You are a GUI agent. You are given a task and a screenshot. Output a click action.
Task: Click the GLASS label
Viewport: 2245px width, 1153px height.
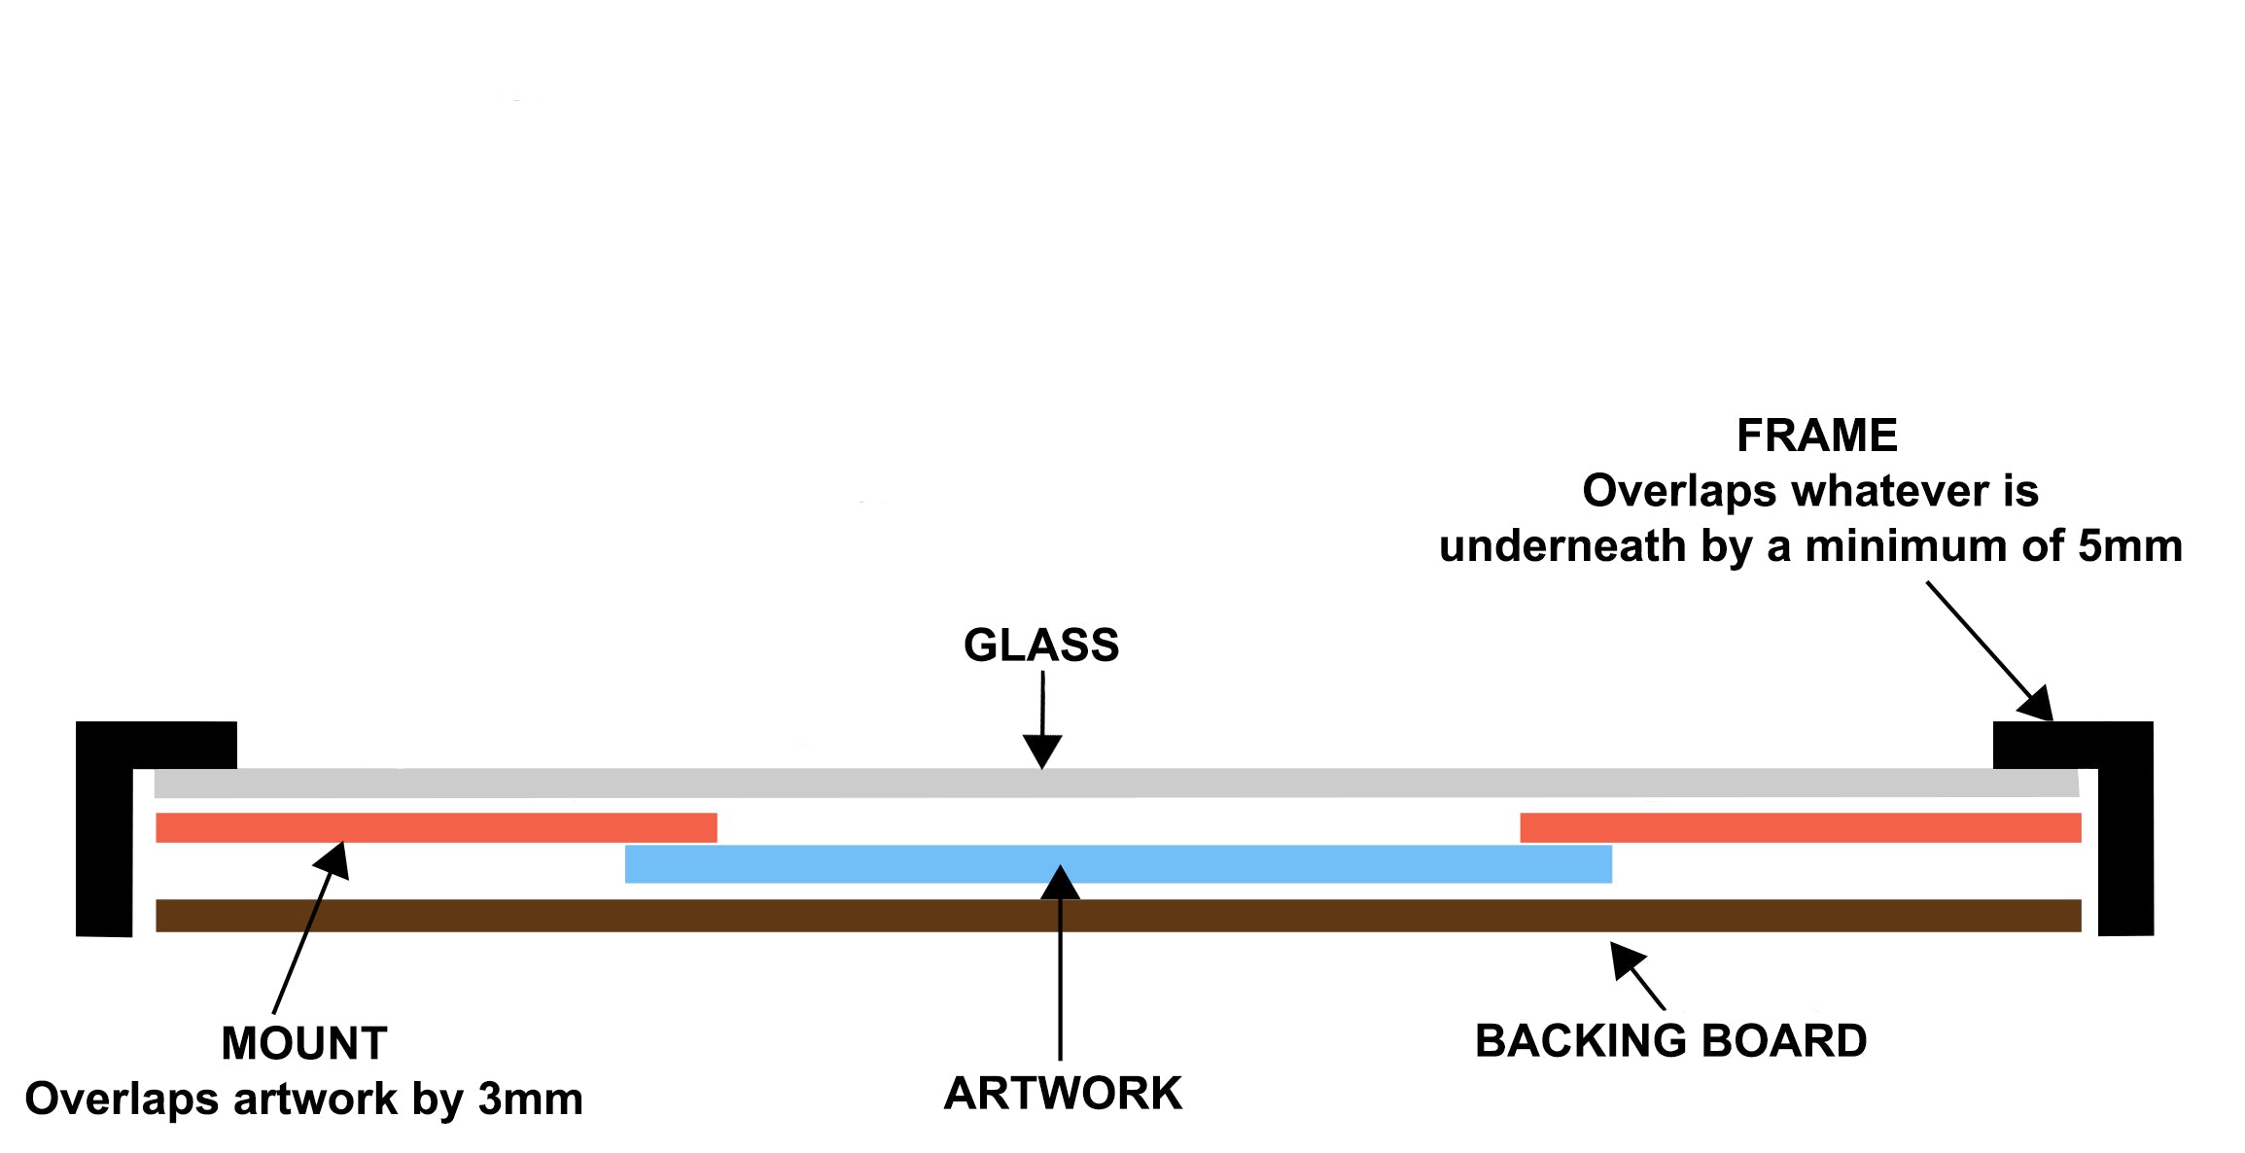[x=1041, y=646]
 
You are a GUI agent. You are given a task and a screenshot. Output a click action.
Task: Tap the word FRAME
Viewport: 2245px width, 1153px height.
[x=1816, y=436]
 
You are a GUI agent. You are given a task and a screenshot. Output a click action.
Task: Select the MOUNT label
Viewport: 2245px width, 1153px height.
[x=304, y=1043]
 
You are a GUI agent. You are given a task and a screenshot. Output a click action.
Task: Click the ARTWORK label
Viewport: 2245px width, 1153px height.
[x=1063, y=1094]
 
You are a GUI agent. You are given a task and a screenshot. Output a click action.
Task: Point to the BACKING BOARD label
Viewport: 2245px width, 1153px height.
[x=1670, y=1041]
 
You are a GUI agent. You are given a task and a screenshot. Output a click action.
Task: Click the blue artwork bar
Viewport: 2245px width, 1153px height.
[x=1118, y=864]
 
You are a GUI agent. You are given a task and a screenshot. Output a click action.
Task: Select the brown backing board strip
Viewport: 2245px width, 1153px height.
[x=1118, y=916]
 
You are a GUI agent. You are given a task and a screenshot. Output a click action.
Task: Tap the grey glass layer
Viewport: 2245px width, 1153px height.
[x=1118, y=783]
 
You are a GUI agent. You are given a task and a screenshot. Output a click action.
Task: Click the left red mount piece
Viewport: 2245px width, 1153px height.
[x=437, y=827]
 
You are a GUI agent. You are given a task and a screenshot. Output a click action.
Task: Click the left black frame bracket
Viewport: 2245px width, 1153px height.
[x=104, y=826]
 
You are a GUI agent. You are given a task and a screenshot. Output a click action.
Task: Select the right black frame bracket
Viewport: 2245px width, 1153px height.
[x=2125, y=826]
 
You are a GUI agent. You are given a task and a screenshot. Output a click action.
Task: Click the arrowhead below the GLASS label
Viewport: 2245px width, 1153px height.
[x=1042, y=752]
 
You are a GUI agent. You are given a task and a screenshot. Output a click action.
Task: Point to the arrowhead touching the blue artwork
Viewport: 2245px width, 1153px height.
[x=1061, y=883]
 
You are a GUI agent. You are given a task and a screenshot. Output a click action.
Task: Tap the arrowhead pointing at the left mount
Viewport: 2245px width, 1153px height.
[x=333, y=859]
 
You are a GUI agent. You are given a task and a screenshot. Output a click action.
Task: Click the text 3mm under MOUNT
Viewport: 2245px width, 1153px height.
[x=531, y=1100]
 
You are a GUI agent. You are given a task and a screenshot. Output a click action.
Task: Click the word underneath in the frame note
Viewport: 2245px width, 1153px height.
[x=1562, y=546]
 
